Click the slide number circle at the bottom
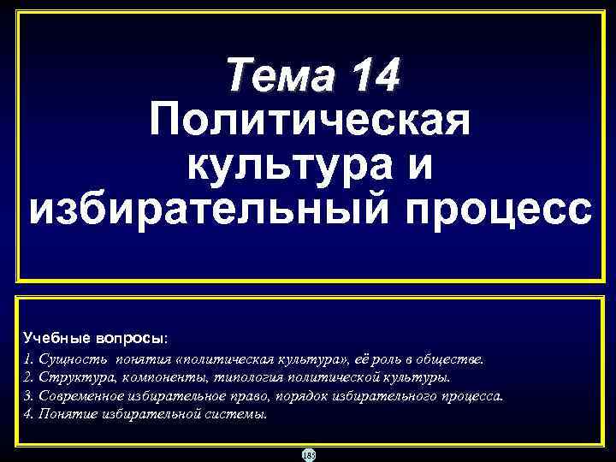click(x=308, y=454)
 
